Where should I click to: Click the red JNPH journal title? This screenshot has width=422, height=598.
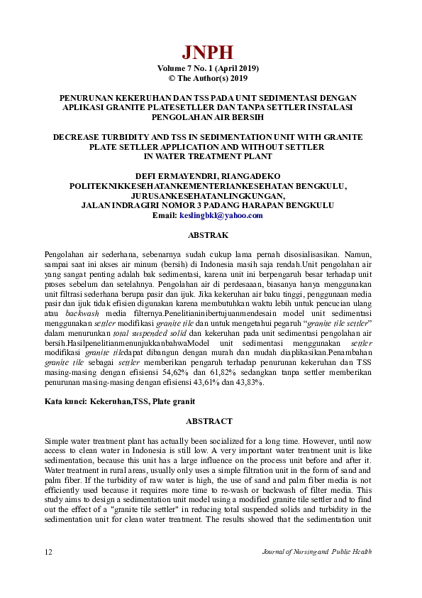[x=207, y=52]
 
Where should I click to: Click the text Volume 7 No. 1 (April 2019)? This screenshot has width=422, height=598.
[x=207, y=68]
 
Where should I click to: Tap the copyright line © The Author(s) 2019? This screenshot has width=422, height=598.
[x=207, y=78]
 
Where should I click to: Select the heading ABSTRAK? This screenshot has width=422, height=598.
[x=206, y=234]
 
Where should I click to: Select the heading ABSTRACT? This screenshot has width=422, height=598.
[x=209, y=421]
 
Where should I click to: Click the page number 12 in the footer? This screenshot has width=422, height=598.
[x=48, y=552]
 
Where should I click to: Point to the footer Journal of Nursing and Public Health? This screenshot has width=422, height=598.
[x=316, y=552]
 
